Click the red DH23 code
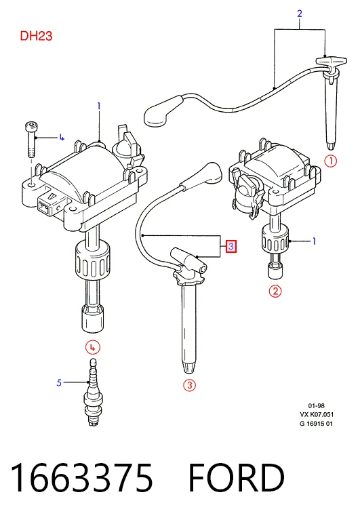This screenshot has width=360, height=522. point(36,36)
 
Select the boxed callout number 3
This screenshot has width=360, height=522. point(231,247)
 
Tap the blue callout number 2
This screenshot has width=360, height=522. point(300,14)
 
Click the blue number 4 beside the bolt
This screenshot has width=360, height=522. point(62,137)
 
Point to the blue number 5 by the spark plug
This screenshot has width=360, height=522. point(59,382)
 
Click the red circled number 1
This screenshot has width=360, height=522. point(331,161)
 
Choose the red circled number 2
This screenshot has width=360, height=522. point(275,292)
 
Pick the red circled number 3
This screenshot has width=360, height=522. point(189,385)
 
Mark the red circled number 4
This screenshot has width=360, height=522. point(93,348)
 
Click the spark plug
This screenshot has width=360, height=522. point(94,392)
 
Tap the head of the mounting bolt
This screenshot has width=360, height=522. point(30,127)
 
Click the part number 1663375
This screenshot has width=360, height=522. point(82,477)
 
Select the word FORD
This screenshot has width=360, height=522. point(237,477)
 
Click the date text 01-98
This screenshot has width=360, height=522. point(316,405)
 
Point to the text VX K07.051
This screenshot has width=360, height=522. point(317,414)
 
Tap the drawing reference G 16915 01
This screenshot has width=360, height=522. point(316,424)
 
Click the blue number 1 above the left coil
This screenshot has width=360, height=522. point(99,106)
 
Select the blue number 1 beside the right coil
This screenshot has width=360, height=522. point(314,241)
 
